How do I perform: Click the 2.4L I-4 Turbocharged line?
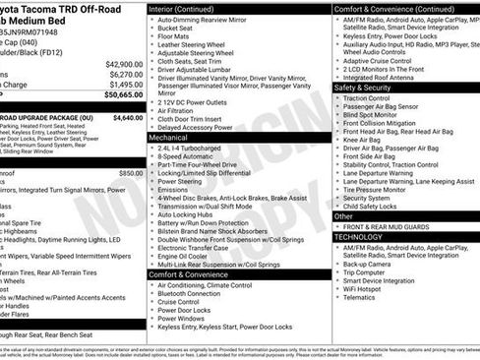(x=194, y=148)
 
